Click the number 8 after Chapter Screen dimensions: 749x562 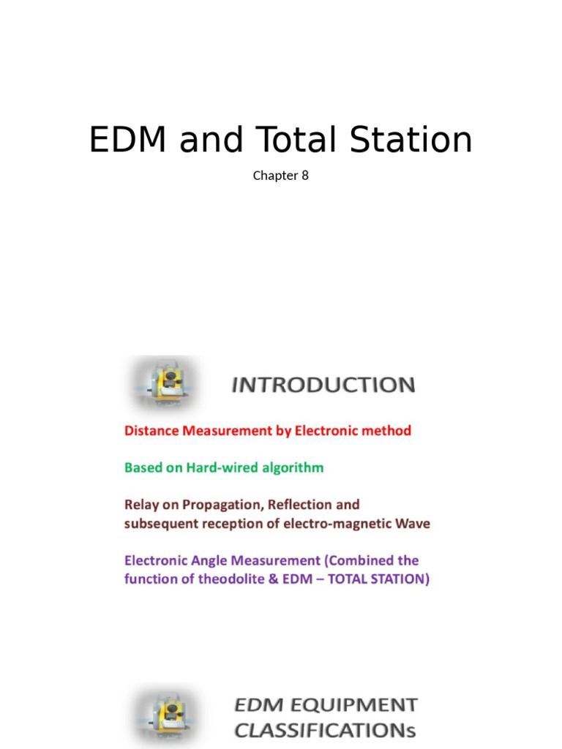point(304,176)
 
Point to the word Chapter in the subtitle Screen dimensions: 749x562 point(275,176)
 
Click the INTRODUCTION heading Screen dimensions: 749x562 point(323,385)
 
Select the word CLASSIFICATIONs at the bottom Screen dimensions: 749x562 point(325,729)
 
